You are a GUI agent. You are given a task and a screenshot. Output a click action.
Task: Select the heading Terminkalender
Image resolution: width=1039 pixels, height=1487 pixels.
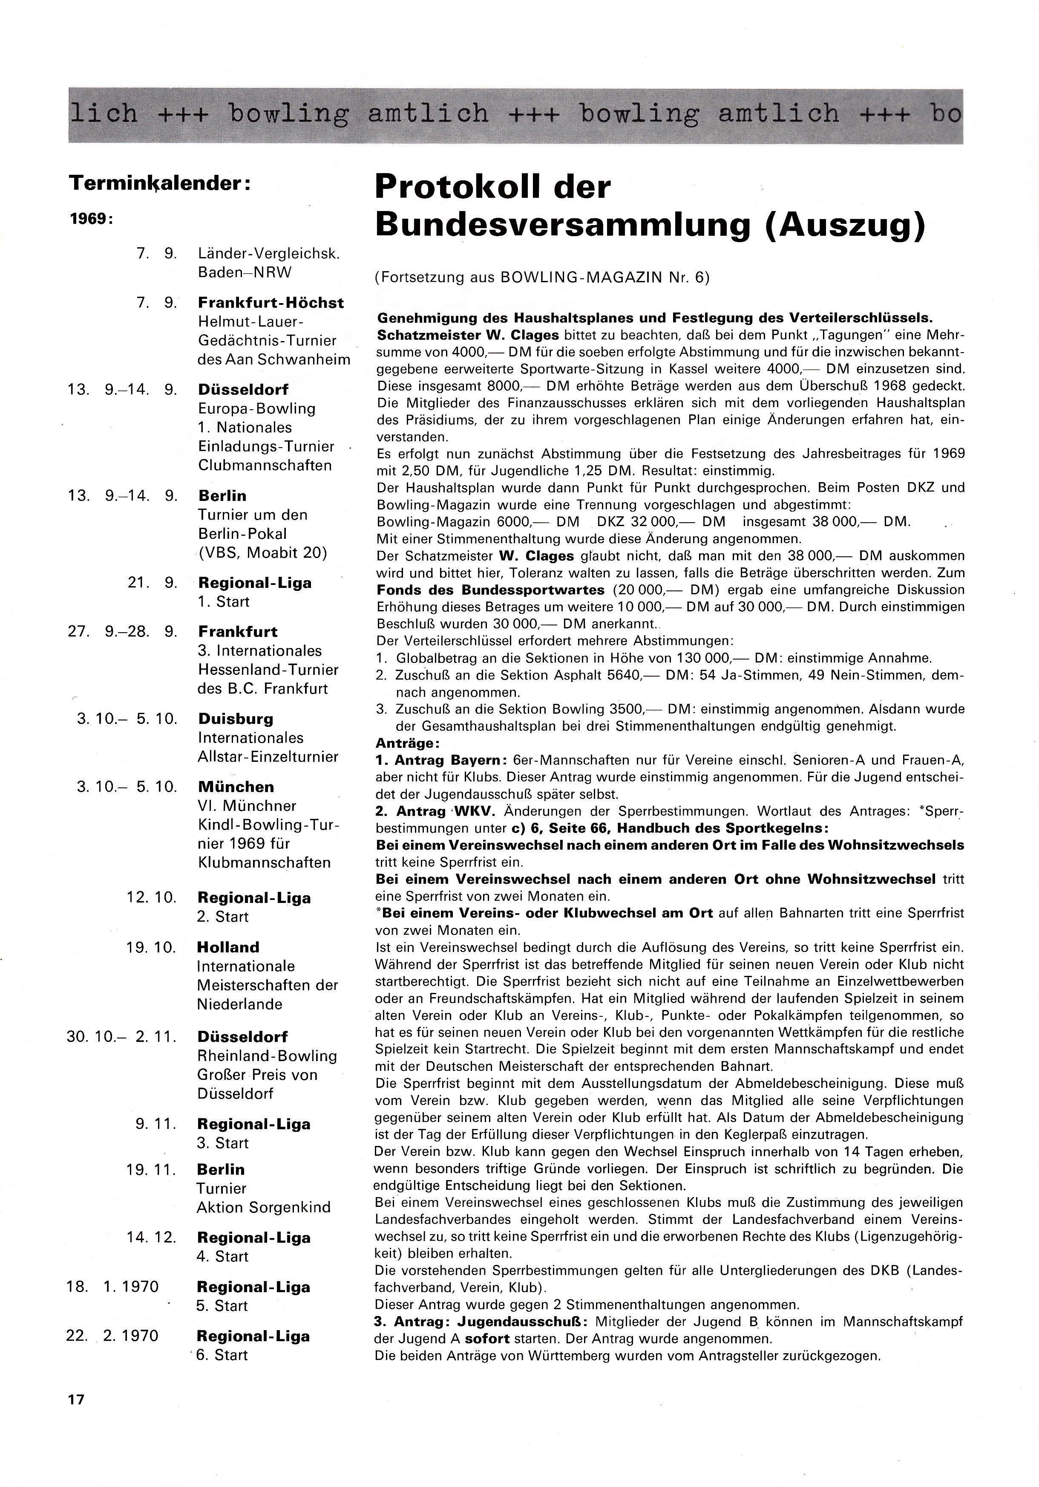160,183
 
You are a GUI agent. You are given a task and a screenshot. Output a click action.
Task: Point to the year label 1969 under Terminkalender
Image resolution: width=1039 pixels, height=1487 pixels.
91,219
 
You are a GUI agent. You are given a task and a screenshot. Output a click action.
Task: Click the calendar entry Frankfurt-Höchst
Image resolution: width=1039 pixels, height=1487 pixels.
271,303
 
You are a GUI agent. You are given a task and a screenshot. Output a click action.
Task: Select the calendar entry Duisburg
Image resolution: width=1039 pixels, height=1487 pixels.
236,719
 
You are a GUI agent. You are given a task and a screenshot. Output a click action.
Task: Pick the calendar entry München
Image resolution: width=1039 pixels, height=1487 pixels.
236,787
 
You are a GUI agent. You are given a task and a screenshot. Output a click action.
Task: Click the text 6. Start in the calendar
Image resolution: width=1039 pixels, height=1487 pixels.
222,1355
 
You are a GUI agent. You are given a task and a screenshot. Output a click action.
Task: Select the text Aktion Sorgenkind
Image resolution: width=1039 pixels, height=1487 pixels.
263,1207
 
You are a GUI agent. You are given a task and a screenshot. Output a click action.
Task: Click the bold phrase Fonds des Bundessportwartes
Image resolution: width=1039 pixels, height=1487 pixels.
490,590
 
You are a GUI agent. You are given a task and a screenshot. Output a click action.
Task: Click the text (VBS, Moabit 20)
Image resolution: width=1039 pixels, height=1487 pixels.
263,553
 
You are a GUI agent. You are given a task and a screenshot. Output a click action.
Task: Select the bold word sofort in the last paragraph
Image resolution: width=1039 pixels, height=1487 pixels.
486,1338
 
